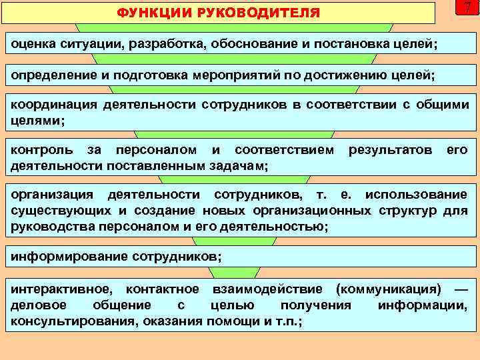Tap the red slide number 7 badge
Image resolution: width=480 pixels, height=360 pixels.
pos(467,8)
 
